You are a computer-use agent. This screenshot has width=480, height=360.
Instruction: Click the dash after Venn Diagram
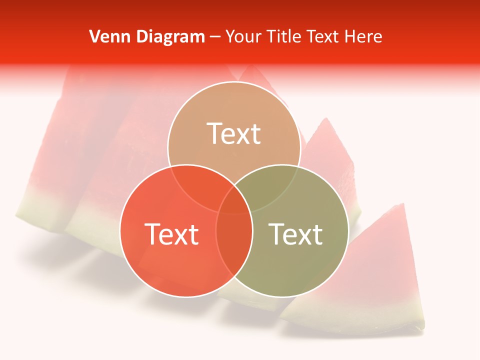click(x=214, y=37)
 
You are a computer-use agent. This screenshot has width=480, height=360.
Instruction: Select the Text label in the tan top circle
click(x=234, y=133)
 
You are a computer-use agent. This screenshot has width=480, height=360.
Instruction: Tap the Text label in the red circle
click(x=171, y=233)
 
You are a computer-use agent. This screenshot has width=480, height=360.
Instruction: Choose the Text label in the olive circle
click(x=296, y=233)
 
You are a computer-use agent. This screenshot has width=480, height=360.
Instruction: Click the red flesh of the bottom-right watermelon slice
click(x=370, y=265)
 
